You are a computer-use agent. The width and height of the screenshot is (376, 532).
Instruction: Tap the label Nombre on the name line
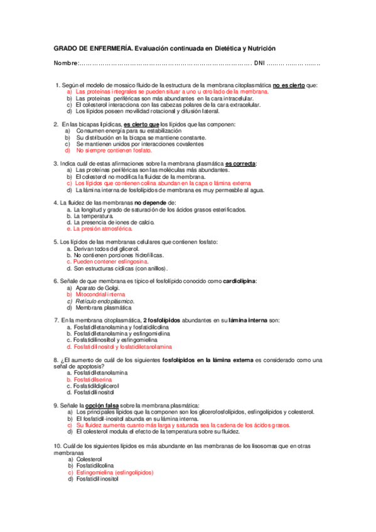click(x=65, y=63)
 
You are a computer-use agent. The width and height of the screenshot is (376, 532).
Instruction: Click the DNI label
click(x=261, y=63)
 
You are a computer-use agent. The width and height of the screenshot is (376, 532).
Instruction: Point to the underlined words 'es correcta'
click(x=240, y=163)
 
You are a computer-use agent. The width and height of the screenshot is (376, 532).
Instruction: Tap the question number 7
click(x=56, y=321)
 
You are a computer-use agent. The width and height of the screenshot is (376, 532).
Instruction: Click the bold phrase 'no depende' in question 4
click(x=149, y=203)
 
